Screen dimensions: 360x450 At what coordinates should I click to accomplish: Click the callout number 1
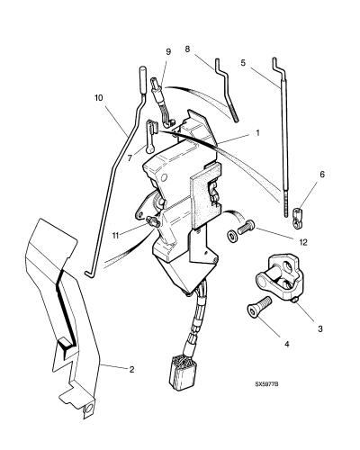pos(257,133)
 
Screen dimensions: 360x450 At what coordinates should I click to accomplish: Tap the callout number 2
pos(131,369)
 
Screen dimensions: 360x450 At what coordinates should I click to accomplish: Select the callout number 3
pos(320,328)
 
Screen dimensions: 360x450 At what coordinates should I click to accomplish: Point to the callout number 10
pos(99,98)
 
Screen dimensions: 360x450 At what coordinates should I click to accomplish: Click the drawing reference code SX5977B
pos(266,383)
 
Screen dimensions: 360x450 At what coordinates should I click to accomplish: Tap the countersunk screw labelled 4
pos(258,307)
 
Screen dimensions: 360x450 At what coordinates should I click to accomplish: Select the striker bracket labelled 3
pos(281,276)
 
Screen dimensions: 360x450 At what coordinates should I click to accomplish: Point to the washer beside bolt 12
pos(232,236)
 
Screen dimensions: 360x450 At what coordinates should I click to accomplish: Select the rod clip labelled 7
pos(150,136)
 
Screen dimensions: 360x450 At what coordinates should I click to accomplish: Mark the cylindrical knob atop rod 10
pos(143,80)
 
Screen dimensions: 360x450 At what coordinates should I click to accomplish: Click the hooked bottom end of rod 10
pos(87,274)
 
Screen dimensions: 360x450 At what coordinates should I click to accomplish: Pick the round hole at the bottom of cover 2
pos(89,409)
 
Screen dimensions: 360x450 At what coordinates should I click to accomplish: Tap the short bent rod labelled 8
pos(227,90)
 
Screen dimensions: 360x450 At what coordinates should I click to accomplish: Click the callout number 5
pos(243,63)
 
